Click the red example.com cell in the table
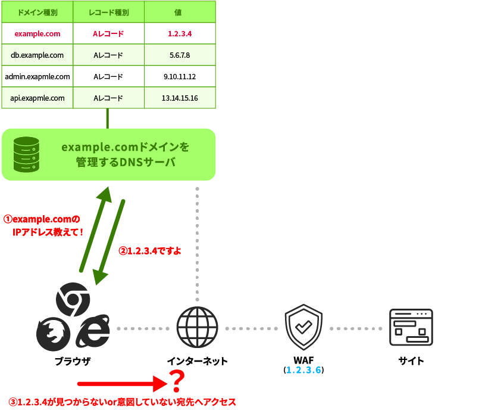(37, 34)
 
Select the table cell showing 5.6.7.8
(180, 55)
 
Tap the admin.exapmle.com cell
(37, 77)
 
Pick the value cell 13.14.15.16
(180, 98)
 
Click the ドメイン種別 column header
(37, 12)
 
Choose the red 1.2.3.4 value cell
(180, 34)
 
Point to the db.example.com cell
(37, 55)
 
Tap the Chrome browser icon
(73, 299)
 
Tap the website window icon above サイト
(411, 327)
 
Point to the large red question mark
(177, 381)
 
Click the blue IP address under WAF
(303, 370)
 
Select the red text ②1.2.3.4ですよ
(149, 251)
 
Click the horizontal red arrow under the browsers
(122, 384)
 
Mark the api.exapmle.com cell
(37, 98)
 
